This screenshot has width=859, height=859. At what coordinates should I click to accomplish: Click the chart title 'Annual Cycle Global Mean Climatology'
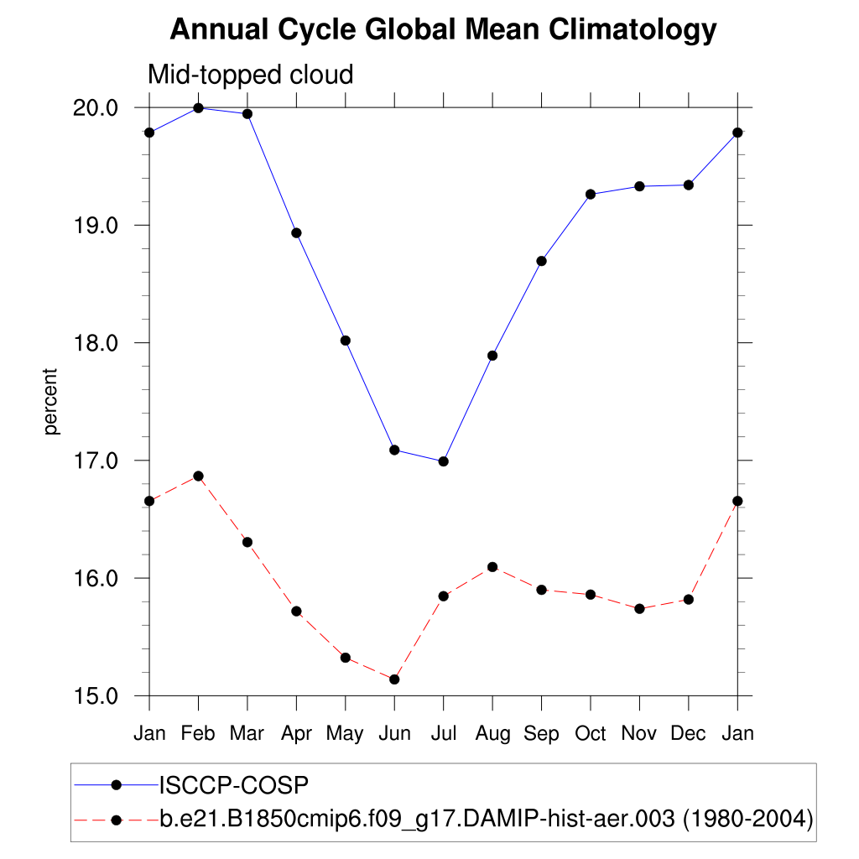click(443, 30)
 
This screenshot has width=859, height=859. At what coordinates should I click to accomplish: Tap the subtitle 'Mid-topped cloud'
click(250, 75)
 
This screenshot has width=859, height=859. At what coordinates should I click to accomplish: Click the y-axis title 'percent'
click(52, 401)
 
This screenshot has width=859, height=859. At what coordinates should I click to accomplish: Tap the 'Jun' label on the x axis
click(394, 734)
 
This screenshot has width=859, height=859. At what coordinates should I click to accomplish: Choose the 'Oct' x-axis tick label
click(591, 734)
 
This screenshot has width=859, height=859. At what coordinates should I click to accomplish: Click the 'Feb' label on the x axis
click(198, 734)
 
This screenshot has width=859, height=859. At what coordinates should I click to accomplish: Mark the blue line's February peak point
click(198, 108)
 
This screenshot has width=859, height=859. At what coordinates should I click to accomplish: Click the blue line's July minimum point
click(444, 461)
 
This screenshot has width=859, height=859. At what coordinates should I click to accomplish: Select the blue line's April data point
click(296, 232)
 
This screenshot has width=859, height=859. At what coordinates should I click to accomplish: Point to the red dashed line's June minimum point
click(394, 679)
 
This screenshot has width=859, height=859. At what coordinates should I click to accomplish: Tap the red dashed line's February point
click(198, 476)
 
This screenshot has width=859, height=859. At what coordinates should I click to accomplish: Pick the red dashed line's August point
click(492, 567)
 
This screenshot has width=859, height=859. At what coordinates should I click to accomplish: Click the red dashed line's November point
click(639, 609)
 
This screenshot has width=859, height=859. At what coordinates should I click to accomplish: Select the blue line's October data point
click(591, 195)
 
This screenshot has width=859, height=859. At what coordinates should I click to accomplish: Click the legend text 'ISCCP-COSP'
click(234, 785)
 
